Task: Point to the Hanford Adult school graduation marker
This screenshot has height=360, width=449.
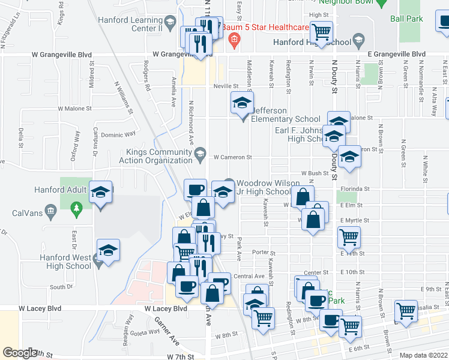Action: click(x=101, y=192)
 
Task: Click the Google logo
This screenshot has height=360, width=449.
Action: click(x=20, y=353)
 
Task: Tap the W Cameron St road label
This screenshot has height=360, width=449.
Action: click(x=232, y=157)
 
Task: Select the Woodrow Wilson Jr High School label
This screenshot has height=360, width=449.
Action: click(x=264, y=187)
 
